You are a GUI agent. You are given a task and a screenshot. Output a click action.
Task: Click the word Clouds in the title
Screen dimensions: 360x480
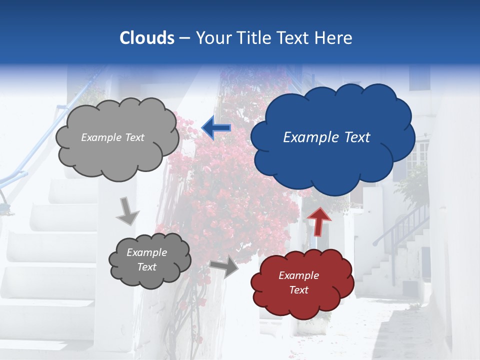147,38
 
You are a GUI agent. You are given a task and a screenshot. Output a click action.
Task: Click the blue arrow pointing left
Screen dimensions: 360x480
216,128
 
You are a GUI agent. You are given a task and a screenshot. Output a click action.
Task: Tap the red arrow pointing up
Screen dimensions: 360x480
319,220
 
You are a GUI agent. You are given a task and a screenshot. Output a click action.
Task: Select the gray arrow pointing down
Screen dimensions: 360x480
128,211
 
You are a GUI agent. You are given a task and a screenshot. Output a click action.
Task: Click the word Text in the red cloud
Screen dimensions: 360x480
298,290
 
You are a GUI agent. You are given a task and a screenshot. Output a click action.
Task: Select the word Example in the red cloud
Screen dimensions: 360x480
298,275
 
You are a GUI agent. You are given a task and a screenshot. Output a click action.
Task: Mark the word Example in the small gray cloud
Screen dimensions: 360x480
146,252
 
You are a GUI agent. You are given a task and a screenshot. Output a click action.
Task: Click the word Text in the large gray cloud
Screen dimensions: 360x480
133,137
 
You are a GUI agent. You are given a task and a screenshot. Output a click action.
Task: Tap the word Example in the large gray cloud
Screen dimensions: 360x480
101,137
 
